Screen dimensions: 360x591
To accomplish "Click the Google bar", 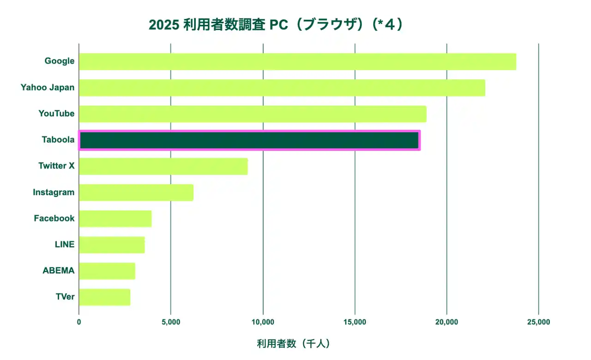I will click(x=297, y=61).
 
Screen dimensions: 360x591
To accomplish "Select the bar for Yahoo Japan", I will click(x=282, y=88).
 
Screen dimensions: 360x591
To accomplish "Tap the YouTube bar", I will click(x=253, y=114).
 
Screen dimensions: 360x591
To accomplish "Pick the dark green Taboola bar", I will click(x=249, y=140).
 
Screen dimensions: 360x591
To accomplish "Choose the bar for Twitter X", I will click(x=163, y=167).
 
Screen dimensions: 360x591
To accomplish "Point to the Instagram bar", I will click(x=136, y=192).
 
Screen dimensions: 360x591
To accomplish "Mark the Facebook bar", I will click(x=115, y=219).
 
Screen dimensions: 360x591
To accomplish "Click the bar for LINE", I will click(x=112, y=245).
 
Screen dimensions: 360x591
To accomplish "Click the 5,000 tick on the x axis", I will click(x=171, y=322).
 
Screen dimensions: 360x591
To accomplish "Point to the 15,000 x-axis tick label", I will click(x=355, y=322).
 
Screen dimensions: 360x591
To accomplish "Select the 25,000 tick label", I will click(x=538, y=322).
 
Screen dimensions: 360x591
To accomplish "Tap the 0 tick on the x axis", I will click(x=79, y=322).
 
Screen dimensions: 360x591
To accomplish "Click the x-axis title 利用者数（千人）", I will click(x=293, y=344).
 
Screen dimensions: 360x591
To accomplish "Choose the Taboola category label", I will click(x=58, y=140).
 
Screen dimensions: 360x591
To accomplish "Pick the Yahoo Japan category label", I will click(x=48, y=87).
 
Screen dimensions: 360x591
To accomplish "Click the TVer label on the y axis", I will click(x=65, y=297).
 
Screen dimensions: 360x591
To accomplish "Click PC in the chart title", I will click(x=278, y=25).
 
